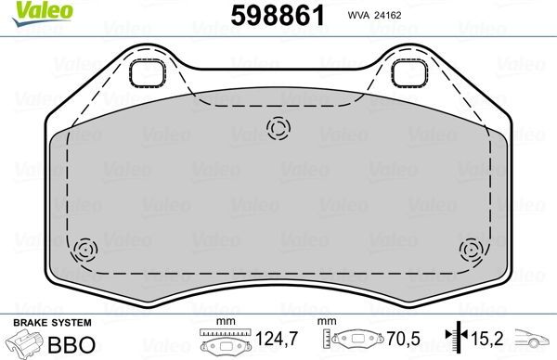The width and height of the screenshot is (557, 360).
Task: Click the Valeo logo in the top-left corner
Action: tap(30, 11)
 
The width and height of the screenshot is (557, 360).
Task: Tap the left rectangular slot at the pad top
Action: tap(146, 72)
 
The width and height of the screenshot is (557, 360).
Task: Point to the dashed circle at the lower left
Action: tap(85, 249)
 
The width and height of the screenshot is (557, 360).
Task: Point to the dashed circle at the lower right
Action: tap(471, 249)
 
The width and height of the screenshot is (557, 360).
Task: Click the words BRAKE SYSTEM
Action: tap(51, 322)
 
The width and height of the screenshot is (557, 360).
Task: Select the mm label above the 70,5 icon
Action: tap(326, 322)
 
